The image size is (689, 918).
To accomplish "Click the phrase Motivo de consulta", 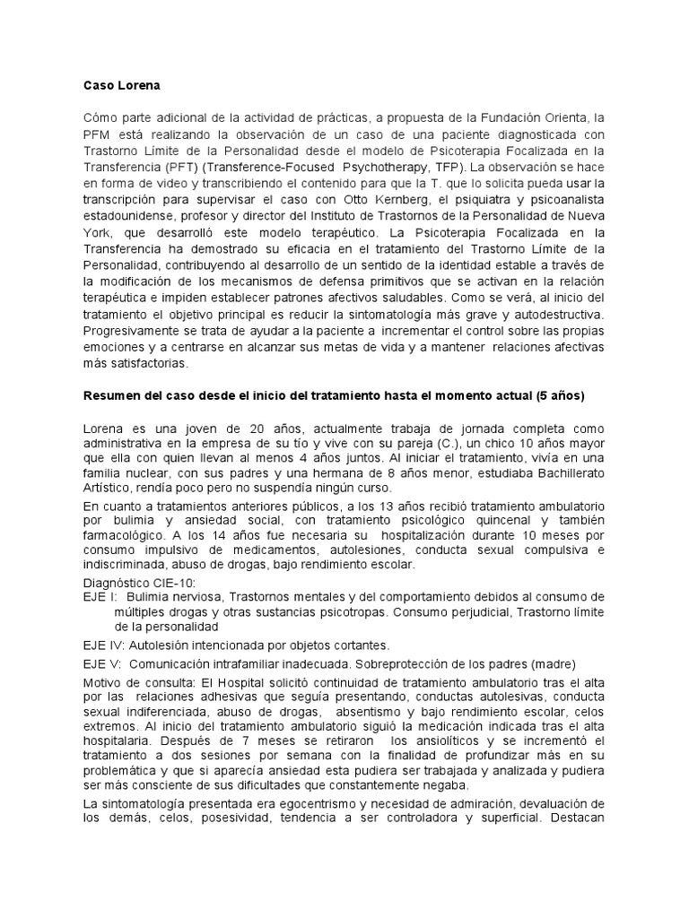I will pyautogui.click(x=135, y=683).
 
